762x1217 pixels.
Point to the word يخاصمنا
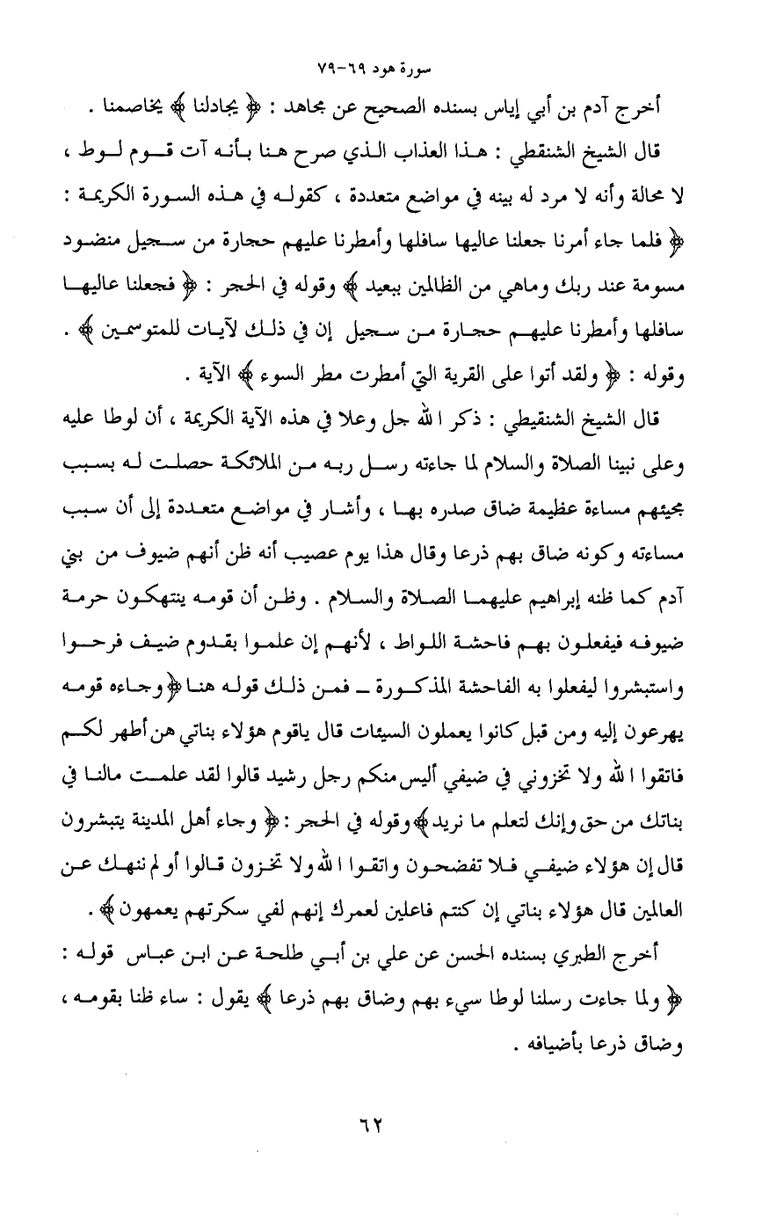(181, 109)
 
